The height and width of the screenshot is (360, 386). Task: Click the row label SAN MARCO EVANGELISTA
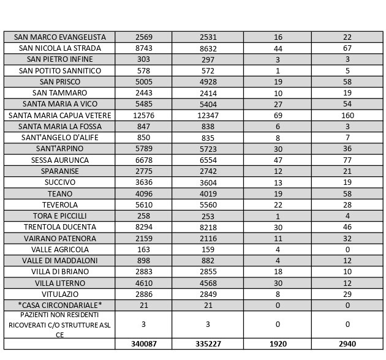(59, 37)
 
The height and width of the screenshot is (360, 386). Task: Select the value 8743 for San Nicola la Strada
(143, 48)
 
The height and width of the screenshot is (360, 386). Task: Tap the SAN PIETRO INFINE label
(59, 59)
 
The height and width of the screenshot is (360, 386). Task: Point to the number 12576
(143, 115)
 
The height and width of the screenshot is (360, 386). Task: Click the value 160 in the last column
(347, 115)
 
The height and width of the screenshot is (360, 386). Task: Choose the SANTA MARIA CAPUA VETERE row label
(59, 115)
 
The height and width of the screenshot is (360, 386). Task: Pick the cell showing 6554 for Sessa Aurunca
(208, 160)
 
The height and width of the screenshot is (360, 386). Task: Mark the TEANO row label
(59, 193)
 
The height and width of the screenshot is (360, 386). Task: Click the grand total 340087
(143, 344)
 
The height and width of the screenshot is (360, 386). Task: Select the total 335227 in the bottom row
(208, 344)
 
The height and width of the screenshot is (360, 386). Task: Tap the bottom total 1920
(278, 344)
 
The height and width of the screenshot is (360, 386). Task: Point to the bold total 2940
(347, 344)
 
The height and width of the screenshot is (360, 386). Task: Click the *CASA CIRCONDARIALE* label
(59, 305)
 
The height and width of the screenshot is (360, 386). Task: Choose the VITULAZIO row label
(59, 294)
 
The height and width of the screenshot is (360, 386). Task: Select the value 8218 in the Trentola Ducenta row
(208, 227)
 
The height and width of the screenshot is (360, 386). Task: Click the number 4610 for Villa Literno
(143, 283)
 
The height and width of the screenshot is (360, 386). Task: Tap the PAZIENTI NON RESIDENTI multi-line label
(59, 324)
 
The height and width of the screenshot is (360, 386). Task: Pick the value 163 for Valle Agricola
(143, 249)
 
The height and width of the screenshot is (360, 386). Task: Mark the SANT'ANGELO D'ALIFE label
(59, 137)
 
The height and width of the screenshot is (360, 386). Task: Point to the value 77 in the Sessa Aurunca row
(347, 160)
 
